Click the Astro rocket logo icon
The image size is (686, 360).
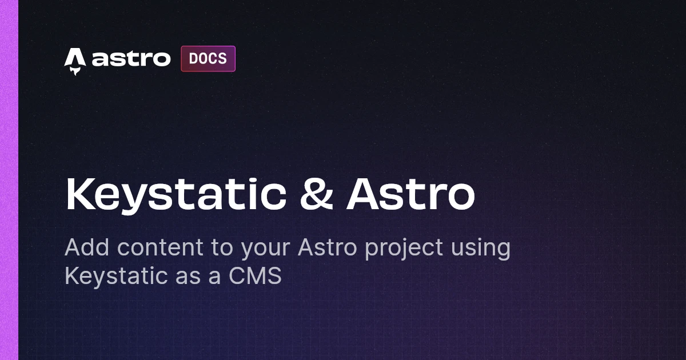click(75, 61)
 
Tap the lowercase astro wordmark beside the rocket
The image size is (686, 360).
click(131, 58)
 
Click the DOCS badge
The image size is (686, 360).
click(208, 59)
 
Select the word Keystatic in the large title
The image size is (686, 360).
click(176, 195)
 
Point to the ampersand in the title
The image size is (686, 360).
click(316, 194)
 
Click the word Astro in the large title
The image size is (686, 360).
click(410, 194)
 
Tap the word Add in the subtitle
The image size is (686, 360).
click(87, 247)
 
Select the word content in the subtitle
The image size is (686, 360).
click(160, 247)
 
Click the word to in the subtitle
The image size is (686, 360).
click(222, 248)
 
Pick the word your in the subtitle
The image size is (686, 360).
click(265, 250)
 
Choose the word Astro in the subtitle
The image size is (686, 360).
click(328, 247)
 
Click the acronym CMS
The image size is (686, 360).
click(255, 276)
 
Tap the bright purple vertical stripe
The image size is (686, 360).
click(9, 180)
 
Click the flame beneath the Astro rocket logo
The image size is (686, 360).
click(75, 71)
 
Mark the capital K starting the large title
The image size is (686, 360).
click(79, 194)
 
